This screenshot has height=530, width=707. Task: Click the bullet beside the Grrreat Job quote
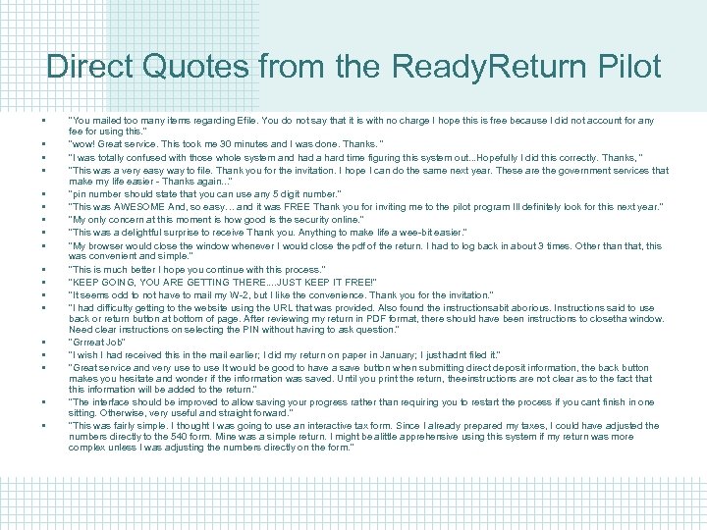pyautogui.click(x=45, y=343)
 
